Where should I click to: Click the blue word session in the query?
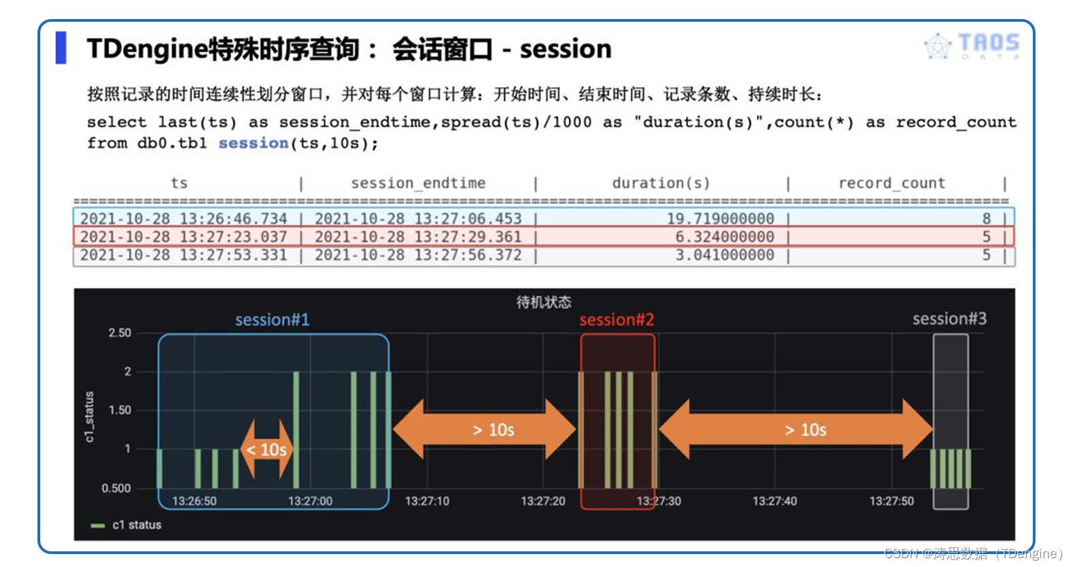click(253, 142)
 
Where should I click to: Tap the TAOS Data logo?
click(971, 46)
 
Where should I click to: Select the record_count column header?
click(892, 183)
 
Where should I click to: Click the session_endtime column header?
click(418, 183)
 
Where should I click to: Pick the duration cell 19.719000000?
click(721, 218)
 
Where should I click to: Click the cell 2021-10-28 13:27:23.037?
click(183, 237)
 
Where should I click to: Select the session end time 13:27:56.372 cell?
click(418, 255)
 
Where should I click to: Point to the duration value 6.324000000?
click(725, 237)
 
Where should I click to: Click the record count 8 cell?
click(986, 218)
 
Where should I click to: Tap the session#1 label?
click(272, 320)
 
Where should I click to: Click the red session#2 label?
click(617, 320)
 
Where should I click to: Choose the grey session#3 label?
click(950, 319)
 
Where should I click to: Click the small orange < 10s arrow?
click(266, 449)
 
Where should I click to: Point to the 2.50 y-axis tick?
click(120, 333)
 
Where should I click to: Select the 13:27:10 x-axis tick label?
click(427, 501)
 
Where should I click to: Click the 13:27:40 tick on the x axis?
click(775, 501)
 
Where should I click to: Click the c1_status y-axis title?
click(89, 417)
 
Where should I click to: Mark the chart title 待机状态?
click(544, 302)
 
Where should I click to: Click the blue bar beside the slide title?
click(61, 48)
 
